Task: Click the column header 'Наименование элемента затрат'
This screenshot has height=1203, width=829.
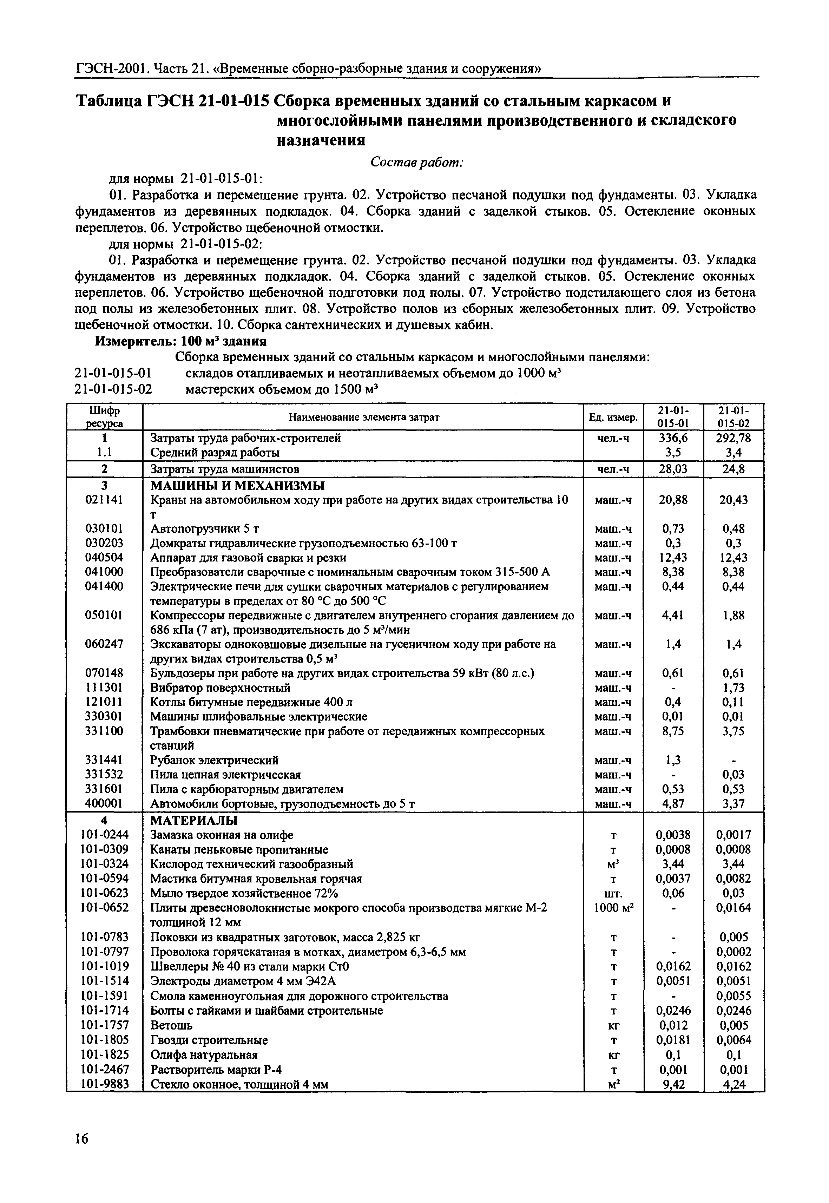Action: tap(364, 417)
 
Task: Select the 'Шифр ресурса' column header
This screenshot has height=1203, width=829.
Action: tap(104, 417)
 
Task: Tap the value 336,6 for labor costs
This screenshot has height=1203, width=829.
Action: tap(673, 438)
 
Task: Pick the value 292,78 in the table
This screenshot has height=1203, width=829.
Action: tap(733, 438)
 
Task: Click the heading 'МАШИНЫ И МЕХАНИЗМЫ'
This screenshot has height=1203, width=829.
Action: tap(237, 486)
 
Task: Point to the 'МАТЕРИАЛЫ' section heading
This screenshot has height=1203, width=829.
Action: tap(194, 821)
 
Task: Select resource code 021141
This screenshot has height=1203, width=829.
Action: tap(104, 500)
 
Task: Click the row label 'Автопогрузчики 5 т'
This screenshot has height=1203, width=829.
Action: tap(205, 529)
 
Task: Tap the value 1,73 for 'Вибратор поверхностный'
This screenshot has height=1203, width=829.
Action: tap(733, 688)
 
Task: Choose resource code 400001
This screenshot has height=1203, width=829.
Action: tap(104, 803)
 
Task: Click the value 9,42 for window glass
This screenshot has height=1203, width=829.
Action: tap(673, 1084)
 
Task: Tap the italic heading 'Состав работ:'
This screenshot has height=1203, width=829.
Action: tap(416, 163)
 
